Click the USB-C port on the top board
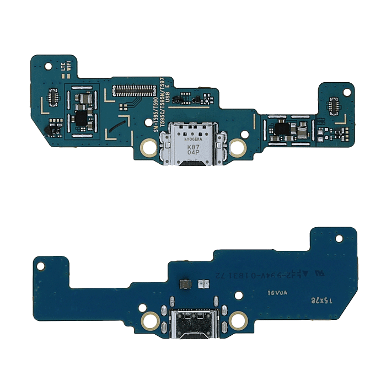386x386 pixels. coord(192,144)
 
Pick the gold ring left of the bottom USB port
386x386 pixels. coord(149,320)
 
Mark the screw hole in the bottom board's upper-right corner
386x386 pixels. coord(344,237)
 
